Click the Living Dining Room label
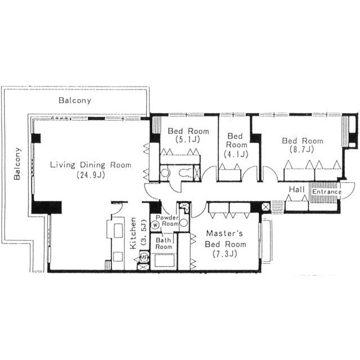tap(91, 165)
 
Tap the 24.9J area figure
tap(91, 175)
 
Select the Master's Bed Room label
tap(225, 238)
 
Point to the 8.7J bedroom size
tap(302, 150)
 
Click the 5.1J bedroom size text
tap(187, 139)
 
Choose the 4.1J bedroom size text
tap(236, 154)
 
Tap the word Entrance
tap(326, 192)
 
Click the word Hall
tap(296, 190)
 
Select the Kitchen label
tap(133, 233)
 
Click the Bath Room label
tap(164, 244)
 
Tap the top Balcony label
tap(75, 100)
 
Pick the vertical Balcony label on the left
tap(17, 164)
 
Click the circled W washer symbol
tap(156, 225)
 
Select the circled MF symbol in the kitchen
tap(144, 256)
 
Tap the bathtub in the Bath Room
tap(164, 261)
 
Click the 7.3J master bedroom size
tap(225, 254)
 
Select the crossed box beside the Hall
tap(266, 207)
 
